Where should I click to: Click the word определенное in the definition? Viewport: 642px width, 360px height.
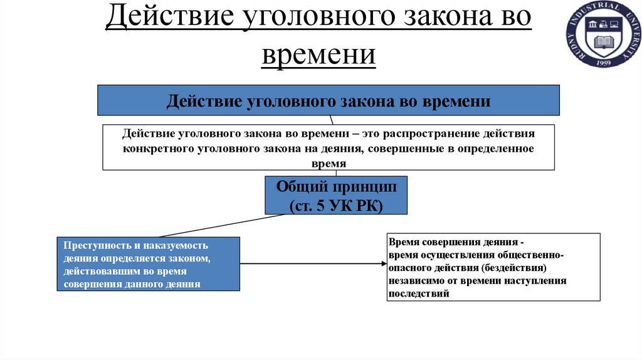496,149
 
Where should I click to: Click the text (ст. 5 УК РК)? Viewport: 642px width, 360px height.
336,205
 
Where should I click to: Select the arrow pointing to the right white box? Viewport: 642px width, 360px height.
313,264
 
